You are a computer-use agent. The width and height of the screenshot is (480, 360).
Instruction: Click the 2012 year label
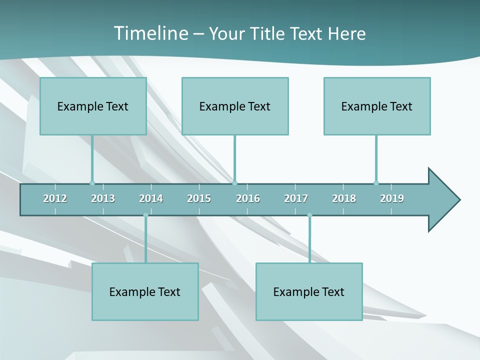(x=55, y=198)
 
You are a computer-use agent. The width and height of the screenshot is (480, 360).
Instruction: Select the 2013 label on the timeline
(x=103, y=198)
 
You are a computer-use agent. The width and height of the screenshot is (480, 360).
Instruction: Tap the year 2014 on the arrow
(x=151, y=198)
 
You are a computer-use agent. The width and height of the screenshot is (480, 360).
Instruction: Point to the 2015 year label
(x=199, y=198)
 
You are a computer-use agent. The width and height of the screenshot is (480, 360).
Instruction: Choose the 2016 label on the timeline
(x=248, y=198)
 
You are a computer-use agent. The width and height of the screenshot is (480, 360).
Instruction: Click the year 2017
(x=296, y=198)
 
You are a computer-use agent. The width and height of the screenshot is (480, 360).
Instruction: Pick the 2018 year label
(x=344, y=198)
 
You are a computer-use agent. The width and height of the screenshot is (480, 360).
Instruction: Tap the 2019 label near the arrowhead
(x=392, y=198)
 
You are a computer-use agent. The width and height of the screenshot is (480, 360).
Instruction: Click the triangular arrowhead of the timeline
(x=442, y=200)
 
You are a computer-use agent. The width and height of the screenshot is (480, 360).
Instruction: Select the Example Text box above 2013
(x=93, y=106)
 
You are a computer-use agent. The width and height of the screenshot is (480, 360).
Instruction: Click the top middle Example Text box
(x=235, y=106)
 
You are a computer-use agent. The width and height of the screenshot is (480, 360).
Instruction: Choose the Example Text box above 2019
(x=377, y=106)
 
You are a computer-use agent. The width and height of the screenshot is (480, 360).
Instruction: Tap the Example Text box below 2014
(x=145, y=291)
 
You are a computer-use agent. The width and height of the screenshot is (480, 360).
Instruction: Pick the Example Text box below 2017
(x=309, y=291)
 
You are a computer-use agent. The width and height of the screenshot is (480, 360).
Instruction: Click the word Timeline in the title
(x=150, y=33)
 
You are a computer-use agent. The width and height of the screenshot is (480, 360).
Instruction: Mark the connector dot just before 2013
(x=92, y=183)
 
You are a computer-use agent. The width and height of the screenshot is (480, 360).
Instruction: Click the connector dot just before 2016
(x=234, y=183)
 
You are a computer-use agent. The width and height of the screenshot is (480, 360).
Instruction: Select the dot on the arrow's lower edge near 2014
(x=145, y=215)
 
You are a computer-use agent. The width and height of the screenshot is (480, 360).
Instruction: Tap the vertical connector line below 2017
(x=309, y=240)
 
